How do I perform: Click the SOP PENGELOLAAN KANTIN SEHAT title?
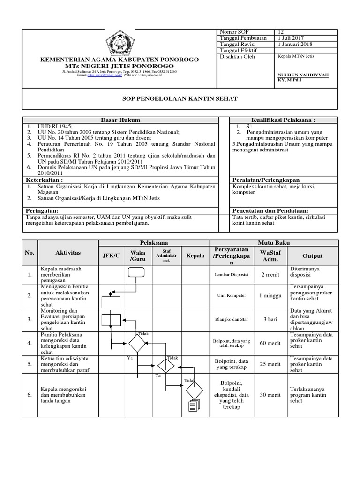180,98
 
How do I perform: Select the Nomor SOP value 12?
281,32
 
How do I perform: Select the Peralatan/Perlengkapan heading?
266,180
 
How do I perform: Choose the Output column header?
312,256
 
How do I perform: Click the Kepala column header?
195,256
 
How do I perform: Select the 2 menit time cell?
270,275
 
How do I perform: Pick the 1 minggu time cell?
270,296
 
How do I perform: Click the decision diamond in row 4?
137,344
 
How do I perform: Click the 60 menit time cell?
270,343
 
